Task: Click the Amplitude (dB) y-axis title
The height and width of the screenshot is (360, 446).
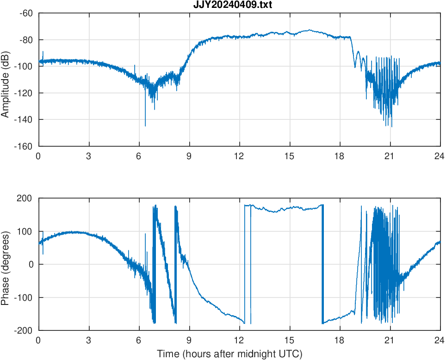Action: coord(6,79)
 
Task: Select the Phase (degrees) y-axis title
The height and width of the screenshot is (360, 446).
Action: coord(6,264)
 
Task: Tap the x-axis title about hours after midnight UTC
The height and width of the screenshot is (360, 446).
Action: coord(229,354)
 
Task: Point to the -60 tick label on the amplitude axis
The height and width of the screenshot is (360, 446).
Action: coord(25,13)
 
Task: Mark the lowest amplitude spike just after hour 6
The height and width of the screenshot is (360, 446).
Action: coord(145,125)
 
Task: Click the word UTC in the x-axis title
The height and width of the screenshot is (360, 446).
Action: coord(292,354)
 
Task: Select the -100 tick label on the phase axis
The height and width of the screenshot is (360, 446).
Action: coord(24,298)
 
